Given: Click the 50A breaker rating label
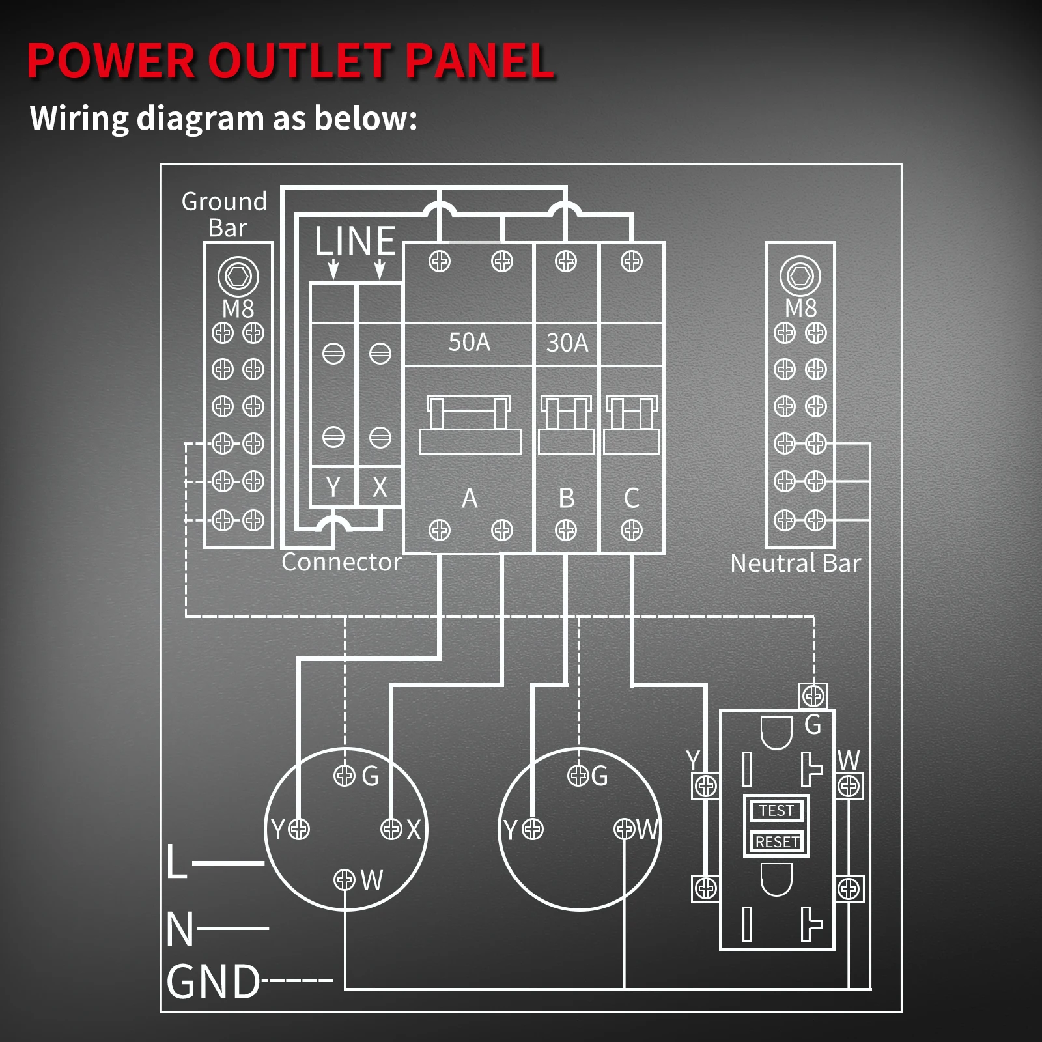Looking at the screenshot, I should (x=469, y=343).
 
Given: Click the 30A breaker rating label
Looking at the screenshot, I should (x=567, y=343).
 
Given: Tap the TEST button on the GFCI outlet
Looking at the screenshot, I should (x=776, y=811).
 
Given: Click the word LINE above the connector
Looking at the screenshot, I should (x=355, y=241).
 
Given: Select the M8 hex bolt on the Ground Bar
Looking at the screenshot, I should (x=238, y=276).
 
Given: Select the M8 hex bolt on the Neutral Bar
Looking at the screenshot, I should (x=800, y=276).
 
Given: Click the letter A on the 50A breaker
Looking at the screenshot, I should (x=470, y=499).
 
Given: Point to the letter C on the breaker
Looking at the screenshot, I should (x=631, y=499).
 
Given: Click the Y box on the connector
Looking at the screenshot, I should (x=333, y=487).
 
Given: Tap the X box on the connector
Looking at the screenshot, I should (x=380, y=487).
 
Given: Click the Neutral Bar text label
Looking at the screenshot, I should (x=795, y=564).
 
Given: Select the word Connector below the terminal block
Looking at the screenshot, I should (x=341, y=562).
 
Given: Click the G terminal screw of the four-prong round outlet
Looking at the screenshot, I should (x=344, y=775).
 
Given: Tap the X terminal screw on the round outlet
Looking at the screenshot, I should (x=391, y=829).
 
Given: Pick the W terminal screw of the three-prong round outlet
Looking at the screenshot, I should (x=624, y=829).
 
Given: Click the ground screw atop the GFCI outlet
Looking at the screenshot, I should (x=813, y=696).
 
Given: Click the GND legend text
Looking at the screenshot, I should (x=214, y=982).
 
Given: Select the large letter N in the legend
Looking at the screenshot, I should (x=180, y=929).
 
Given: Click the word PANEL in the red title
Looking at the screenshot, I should (x=481, y=61).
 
